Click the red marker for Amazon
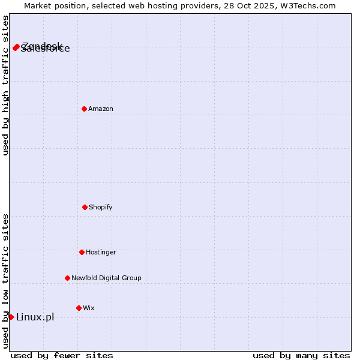click(x=84, y=109)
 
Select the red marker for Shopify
click(x=85, y=207)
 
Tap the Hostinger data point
click(x=82, y=252)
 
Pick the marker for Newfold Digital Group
click(x=67, y=278)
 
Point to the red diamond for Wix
click(x=79, y=308)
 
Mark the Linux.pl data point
click(x=11, y=317)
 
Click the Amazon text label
click(x=101, y=109)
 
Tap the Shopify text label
click(x=101, y=207)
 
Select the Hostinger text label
click(x=101, y=252)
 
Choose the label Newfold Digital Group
click(x=106, y=278)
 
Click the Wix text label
click(x=89, y=308)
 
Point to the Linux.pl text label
click(x=35, y=317)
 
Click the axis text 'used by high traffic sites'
click(x=5, y=85)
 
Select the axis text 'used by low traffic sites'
click(x=5, y=281)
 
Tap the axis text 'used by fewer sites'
click(x=62, y=355)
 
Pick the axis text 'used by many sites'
click(x=301, y=355)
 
